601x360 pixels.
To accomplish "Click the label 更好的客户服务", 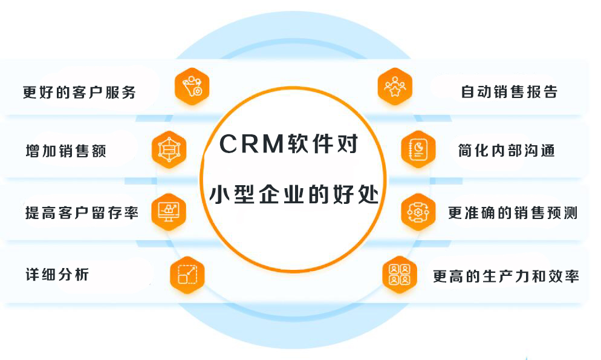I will coord(79,93).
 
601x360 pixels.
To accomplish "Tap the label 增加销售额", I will coord(66,151).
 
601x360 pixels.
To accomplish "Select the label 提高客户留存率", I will coord(82,213).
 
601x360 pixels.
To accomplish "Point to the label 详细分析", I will coord(57,274).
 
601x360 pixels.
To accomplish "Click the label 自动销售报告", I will coord(508,93).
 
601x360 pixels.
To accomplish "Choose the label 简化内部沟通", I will coord(506,151).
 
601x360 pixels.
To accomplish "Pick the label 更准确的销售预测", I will coord(513,213).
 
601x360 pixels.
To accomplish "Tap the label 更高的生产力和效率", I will coord(505,277).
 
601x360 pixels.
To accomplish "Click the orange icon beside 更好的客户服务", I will coord(192,87).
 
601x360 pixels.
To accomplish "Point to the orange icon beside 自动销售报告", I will coord(395,87).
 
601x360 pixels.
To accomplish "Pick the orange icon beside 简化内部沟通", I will coord(418,149).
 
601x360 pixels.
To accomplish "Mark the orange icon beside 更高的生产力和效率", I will coord(399,275).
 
